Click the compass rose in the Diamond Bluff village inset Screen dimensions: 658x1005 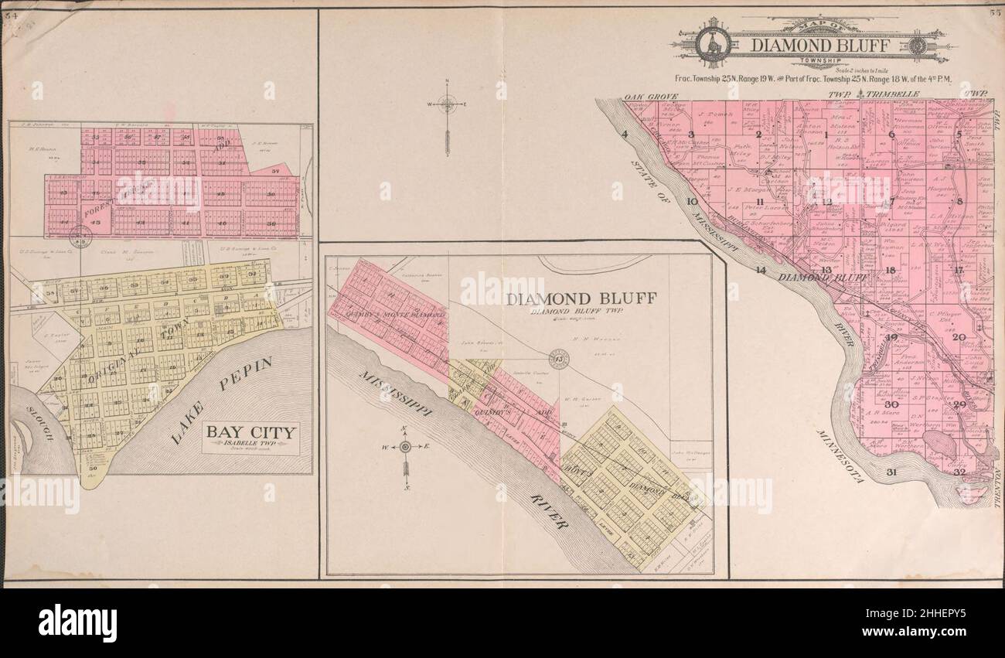[406, 448]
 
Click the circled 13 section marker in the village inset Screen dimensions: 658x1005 [556, 357]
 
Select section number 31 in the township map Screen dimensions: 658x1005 [891, 472]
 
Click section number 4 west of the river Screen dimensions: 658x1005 [625, 135]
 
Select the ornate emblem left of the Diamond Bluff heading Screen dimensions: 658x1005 [713, 44]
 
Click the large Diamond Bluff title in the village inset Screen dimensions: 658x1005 [593, 298]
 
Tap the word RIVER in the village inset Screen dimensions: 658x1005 [550, 512]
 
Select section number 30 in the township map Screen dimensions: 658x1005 [891, 404]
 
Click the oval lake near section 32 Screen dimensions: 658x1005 [938, 444]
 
